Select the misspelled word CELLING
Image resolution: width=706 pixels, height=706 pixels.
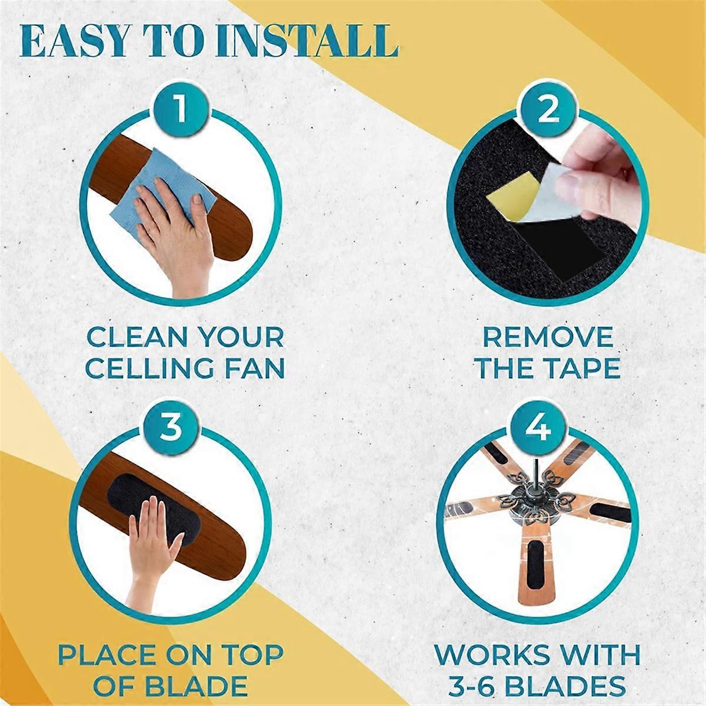click(149, 368)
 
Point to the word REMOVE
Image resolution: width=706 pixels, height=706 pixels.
click(548, 338)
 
